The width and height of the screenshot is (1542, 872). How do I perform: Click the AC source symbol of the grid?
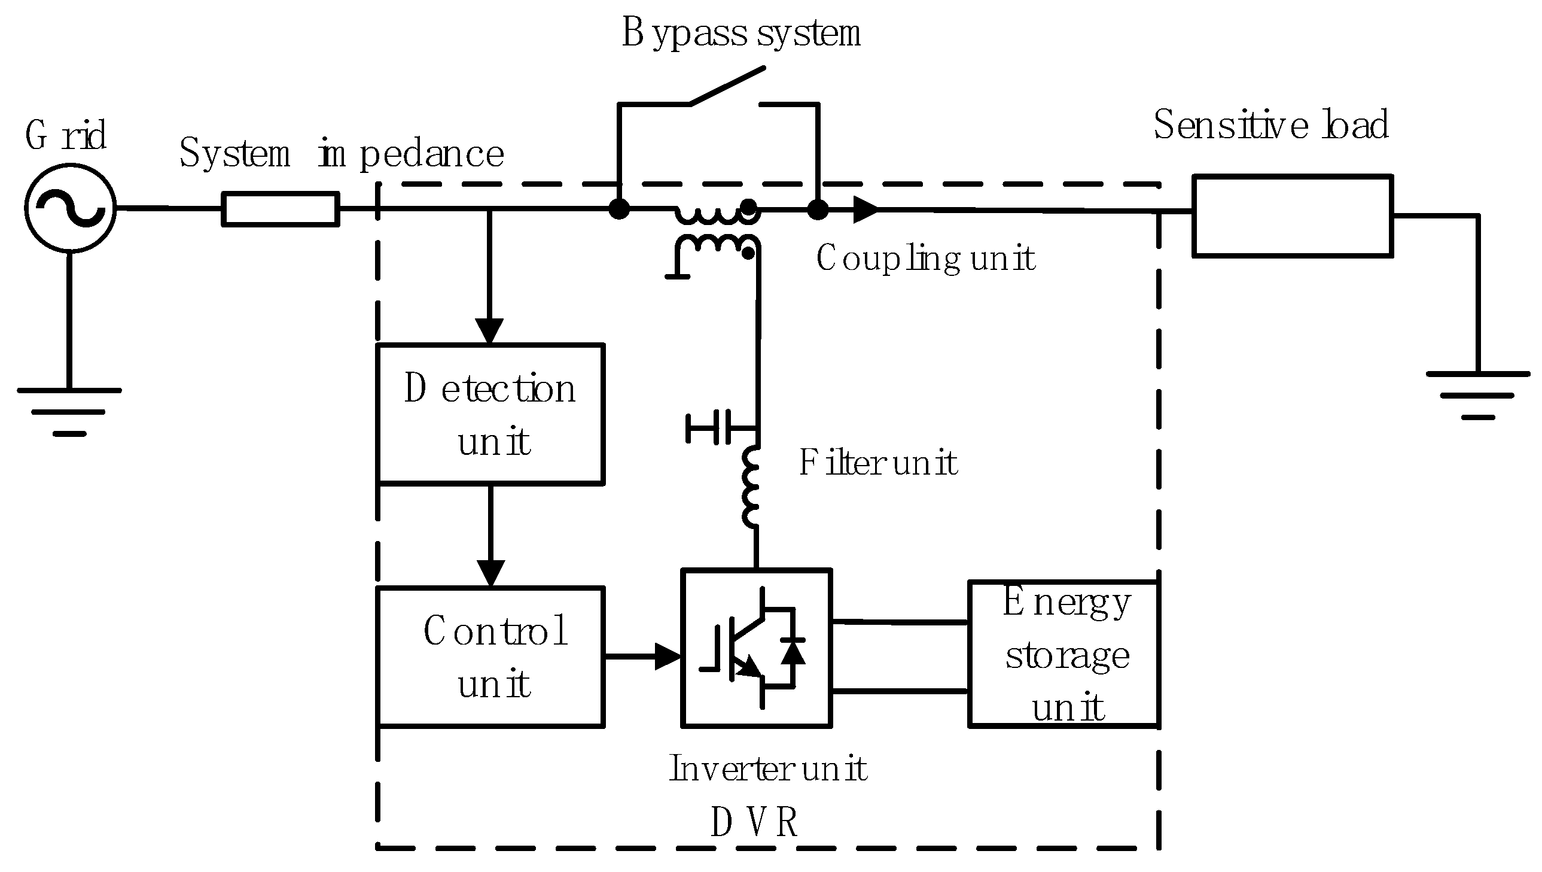click(70, 208)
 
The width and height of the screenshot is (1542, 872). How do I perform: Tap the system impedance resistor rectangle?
click(281, 209)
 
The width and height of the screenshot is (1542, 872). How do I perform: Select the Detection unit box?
click(490, 414)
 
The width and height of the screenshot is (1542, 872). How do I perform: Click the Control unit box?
click(490, 657)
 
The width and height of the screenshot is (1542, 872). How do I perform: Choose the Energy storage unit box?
click(1063, 654)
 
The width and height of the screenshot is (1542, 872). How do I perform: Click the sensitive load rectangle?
click(1292, 215)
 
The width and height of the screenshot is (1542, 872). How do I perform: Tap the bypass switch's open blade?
click(728, 86)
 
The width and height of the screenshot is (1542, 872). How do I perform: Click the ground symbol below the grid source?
click(69, 411)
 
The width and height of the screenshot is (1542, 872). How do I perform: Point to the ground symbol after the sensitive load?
click(1477, 394)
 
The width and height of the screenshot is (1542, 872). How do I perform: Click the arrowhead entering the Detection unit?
click(489, 331)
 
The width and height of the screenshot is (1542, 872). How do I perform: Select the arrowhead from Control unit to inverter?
click(667, 657)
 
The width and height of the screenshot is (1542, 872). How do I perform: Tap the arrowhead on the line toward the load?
click(864, 209)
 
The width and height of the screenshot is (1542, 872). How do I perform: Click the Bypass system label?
click(741, 33)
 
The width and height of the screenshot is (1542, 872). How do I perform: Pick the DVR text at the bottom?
click(754, 823)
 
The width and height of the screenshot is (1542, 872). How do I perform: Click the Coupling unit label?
click(925, 259)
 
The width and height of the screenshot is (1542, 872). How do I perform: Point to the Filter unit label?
click(878, 463)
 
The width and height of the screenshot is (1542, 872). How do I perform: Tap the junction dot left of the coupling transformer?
click(619, 209)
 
